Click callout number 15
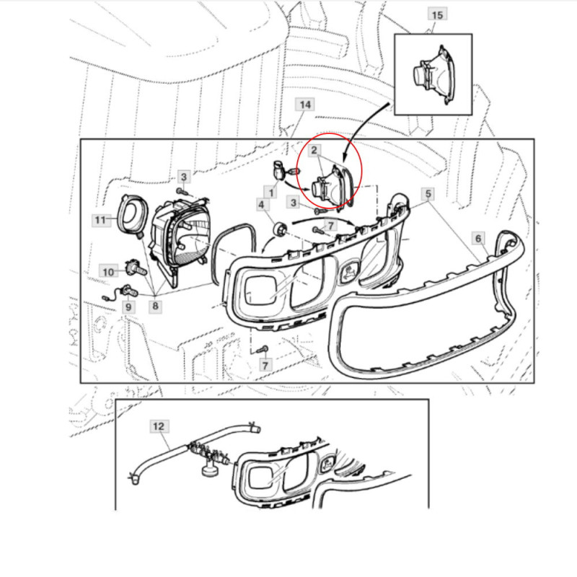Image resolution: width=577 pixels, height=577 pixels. pyautogui.click(x=437, y=15)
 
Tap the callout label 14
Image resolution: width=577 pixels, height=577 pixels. pyautogui.click(x=305, y=105)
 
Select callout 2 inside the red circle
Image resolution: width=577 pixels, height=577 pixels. pyautogui.click(x=314, y=150)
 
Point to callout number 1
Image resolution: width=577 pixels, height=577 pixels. pyautogui.click(x=271, y=193)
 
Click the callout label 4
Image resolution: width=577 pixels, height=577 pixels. pyautogui.click(x=261, y=205)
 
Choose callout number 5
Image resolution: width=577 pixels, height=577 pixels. pyautogui.click(x=428, y=193)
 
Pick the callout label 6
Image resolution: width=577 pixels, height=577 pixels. pyautogui.click(x=478, y=239)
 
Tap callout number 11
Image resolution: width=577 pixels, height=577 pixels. pyautogui.click(x=100, y=220)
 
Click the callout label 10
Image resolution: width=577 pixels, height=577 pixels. pyautogui.click(x=108, y=272)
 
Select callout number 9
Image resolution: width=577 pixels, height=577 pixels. pyautogui.click(x=128, y=307)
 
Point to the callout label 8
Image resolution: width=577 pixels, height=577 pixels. pyautogui.click(x=155, y=306)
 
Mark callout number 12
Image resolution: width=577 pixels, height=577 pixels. pyautogui.click(x=159, y=426)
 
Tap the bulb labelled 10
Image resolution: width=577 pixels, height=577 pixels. pyautogui.click(x=136, y=268)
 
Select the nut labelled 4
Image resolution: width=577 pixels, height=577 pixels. pyautogui.click(x=280, y=229)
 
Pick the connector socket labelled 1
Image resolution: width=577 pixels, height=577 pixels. pyautogui.click(x=279, y=170)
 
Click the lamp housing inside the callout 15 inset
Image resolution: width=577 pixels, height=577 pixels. pyautogui.click(x=434, y=75)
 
